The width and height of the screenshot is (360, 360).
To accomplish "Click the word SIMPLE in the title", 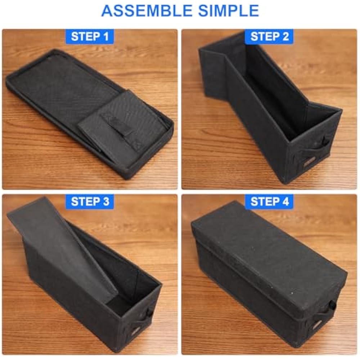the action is click(229, 10).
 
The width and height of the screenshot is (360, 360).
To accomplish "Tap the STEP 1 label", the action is click(90, 36).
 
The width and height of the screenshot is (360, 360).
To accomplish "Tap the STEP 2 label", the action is click(269, 36).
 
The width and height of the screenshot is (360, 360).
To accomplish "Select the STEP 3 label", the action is click(90, 202).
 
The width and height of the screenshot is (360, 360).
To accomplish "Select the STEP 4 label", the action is click(269, 202).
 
